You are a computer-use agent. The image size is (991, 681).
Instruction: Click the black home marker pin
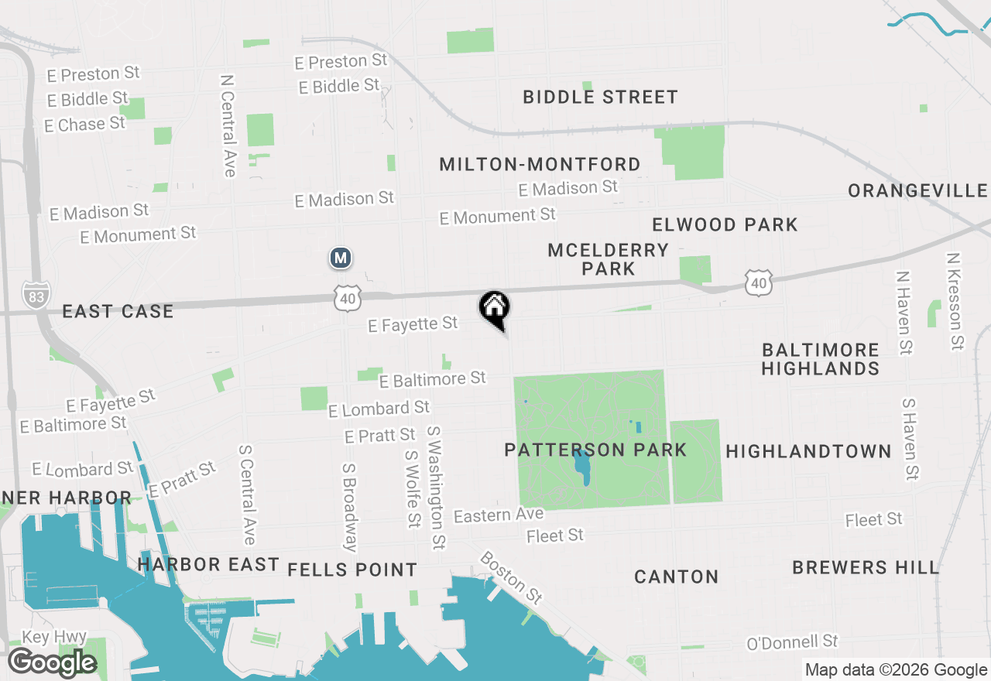(495, 309)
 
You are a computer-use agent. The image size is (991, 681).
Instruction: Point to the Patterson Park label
(595, 450)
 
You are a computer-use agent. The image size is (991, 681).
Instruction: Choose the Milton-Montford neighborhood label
(540, 164)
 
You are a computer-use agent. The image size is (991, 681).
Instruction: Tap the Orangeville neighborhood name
(917, 190)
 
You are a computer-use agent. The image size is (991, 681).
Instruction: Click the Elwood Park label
(725, 224)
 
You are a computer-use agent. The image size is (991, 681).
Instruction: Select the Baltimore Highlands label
(820, 359)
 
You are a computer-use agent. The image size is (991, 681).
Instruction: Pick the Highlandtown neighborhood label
(808, 451)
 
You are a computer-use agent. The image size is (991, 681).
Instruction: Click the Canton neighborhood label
(677, 577)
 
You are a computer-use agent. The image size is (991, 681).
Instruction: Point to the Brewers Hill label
(866, 567)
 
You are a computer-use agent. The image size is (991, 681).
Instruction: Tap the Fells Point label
(352, 570)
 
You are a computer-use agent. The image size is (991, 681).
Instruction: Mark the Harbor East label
(208, 565)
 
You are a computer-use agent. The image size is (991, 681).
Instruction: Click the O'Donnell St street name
(792, 642)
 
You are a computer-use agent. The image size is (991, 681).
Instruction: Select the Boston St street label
(511, 577)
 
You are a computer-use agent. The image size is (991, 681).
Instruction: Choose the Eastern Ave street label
(499, 515)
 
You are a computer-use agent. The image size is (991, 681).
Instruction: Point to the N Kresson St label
(956, 301)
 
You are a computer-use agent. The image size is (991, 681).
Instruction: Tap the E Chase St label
(84, 124)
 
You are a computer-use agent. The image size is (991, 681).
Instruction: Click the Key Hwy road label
(53, 637)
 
